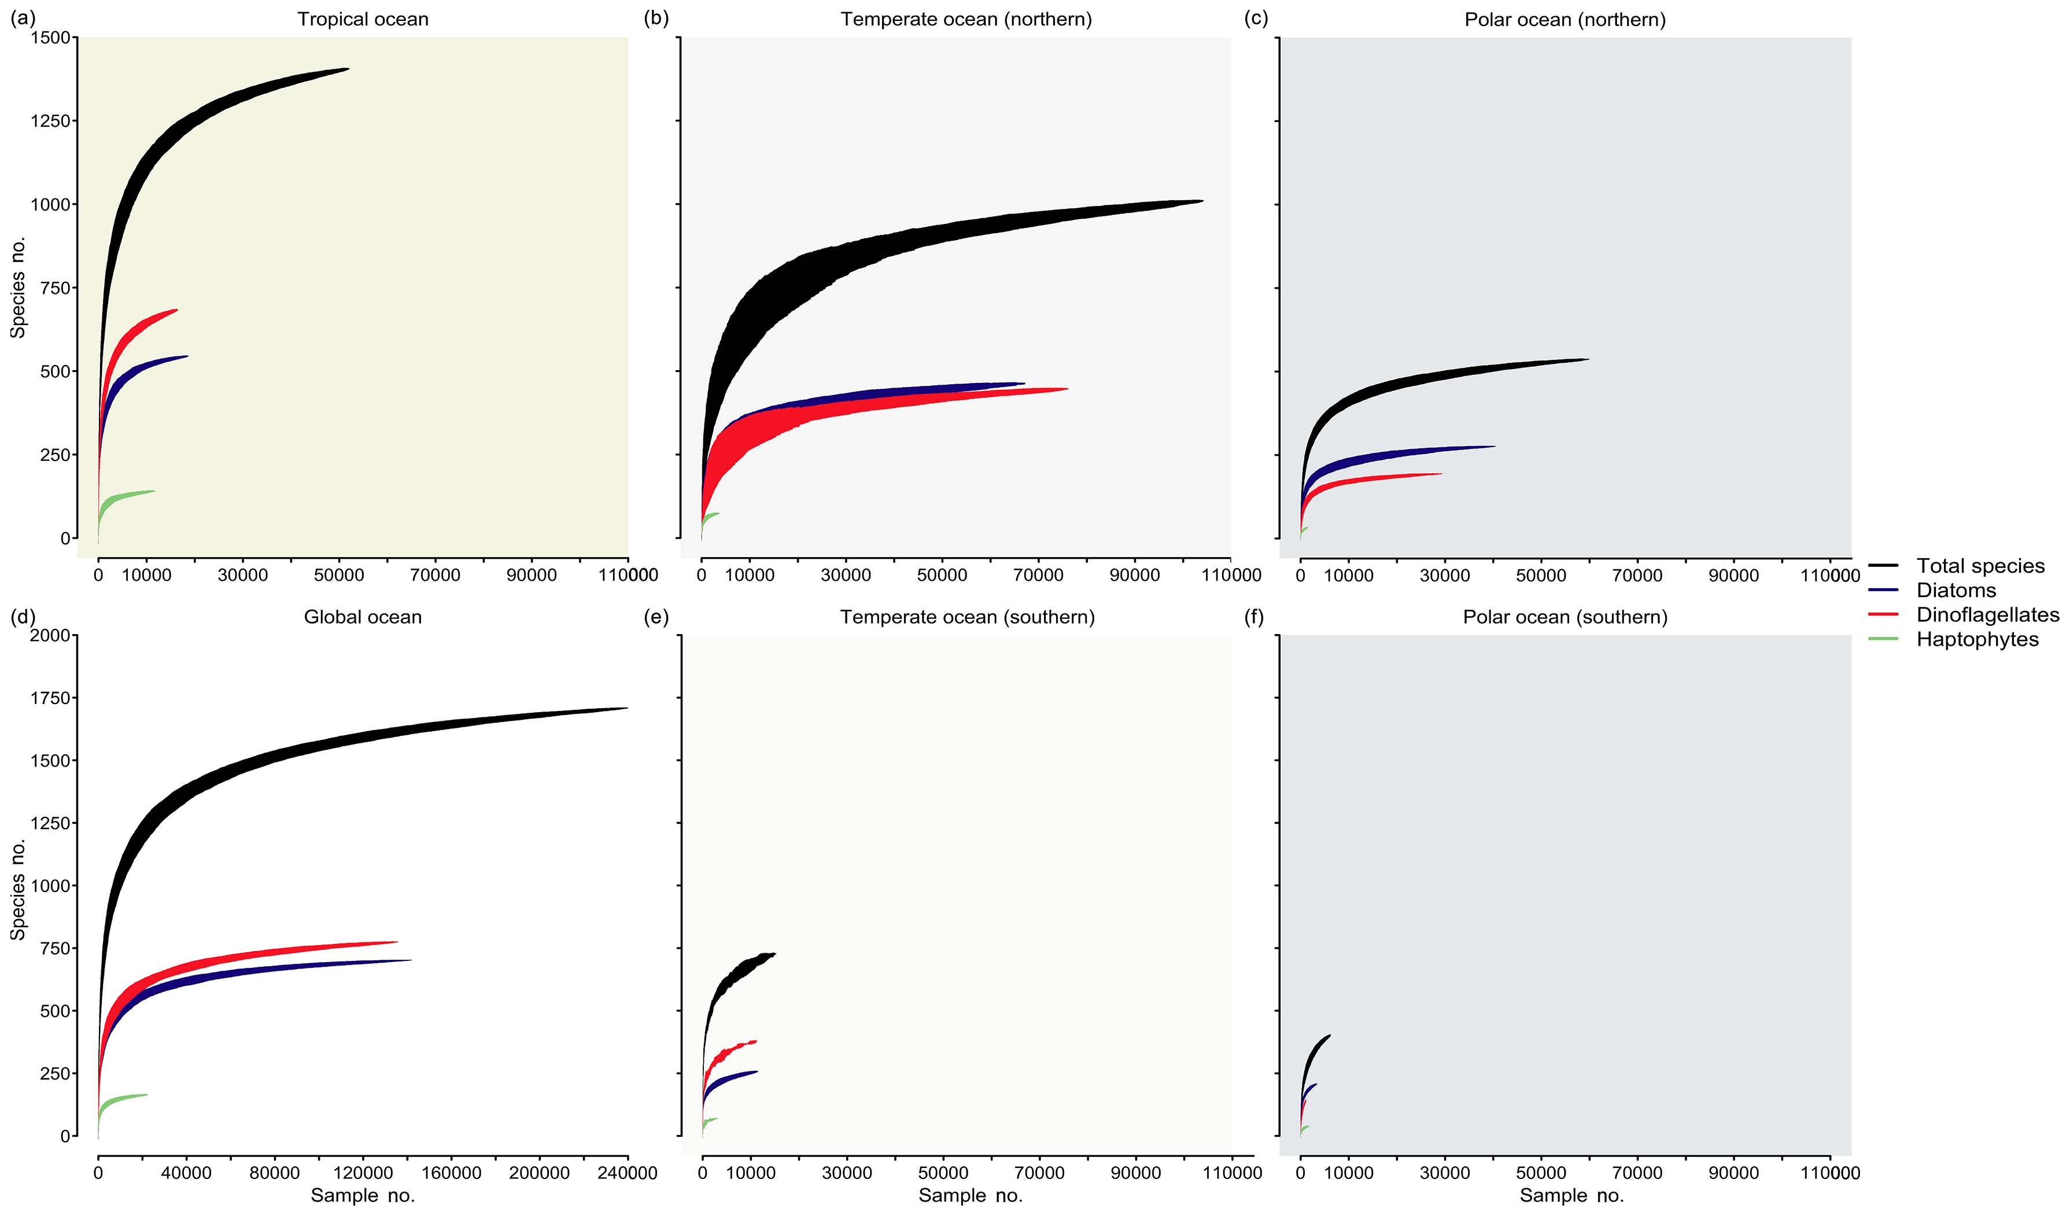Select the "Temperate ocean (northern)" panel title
[966, 19]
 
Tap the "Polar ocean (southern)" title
[1565, 617]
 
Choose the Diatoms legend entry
[1956, 590]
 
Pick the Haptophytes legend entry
[1977, 639]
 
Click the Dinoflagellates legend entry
[1987, 614]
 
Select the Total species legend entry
[1980, 565]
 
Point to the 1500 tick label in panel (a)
[50, 38]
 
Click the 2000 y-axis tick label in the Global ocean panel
[50, 635]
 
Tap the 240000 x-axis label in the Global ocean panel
[627, 1173]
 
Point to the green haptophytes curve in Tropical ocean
[123, 497]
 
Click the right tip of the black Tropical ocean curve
[348, 69]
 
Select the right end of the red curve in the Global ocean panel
[396, 942]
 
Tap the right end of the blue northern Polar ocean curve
[1493, 447]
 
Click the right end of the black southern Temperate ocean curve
[774, 954]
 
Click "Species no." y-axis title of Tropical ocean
[18, 288]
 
